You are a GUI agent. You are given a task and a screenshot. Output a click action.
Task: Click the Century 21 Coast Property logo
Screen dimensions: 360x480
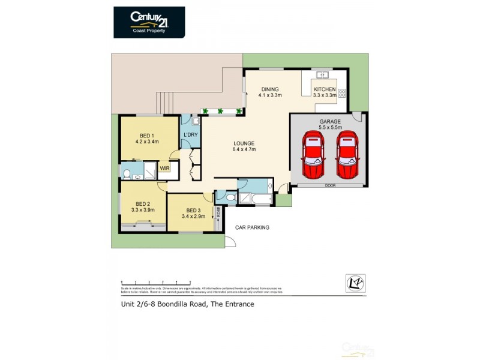[x=149, y=22]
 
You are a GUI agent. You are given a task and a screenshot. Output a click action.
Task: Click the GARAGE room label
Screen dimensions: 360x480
[x=330, y=121]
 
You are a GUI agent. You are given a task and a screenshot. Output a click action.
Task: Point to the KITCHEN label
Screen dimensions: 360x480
[x=325, y=89]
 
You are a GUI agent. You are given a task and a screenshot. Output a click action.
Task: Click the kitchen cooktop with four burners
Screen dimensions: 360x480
[x=343, y=93]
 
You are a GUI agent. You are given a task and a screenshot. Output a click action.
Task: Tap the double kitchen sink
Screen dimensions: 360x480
[x=322, y=75]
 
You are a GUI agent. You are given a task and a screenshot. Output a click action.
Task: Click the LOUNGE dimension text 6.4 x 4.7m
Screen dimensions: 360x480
[x=245, y=149]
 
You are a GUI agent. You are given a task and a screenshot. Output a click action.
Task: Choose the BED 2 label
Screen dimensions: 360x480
[x=143, y=203]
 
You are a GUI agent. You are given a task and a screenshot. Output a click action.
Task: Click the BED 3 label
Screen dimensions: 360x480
[x=193, y=210]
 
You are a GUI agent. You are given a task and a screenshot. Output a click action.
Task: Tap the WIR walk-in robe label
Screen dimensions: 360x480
[x=164, y=169]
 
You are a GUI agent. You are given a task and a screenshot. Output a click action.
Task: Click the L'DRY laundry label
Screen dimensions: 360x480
[x=191, y=134]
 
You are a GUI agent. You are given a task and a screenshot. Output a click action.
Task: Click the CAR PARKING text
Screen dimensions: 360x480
[x=251, y=227]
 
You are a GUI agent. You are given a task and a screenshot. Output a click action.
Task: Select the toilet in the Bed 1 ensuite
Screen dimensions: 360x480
[x=126, y=175]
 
